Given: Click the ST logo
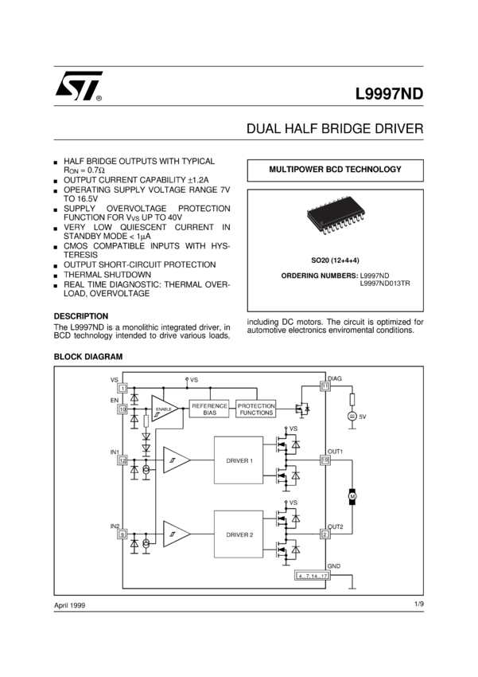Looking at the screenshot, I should [x=77, y=92].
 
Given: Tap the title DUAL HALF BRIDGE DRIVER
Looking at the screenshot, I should [x=335, y=129].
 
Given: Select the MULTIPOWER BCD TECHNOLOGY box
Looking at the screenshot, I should [x=335, y=170].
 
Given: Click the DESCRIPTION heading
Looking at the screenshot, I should [x=80, y=315].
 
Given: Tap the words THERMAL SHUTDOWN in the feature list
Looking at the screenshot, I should [x=107, y=274].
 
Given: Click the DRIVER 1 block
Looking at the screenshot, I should [x=239, y=460].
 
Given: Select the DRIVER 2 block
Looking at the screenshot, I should [x=239, y=534].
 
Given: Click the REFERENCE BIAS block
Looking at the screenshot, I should [x=209, y=409].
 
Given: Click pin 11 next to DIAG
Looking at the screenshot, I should [x=325, y=385].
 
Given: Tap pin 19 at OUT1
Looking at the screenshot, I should [x=325, y=460].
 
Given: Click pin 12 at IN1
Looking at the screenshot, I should [x=123, y=460].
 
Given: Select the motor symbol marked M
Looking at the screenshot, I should [x=353, y=497].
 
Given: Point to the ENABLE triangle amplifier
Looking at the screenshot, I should [x=165, y=410].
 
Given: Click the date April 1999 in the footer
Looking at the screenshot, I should [x=69, y=606].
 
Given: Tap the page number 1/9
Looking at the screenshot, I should [x=418, y=605].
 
